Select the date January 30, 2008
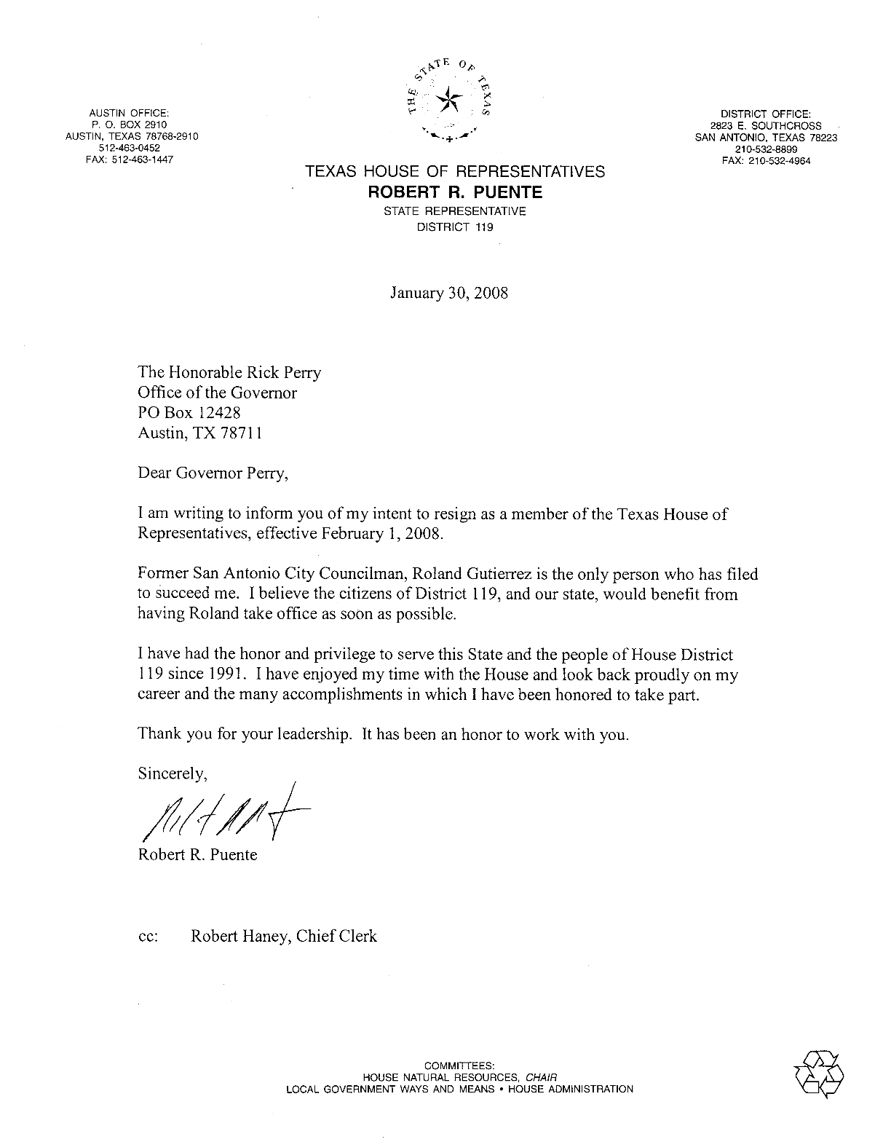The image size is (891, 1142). (449, 293)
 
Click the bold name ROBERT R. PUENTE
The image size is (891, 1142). (455, 192)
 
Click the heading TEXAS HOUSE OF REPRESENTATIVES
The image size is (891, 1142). (455, 172)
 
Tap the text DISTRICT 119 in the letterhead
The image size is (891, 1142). (454, 227)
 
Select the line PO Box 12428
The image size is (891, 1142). (184, 412)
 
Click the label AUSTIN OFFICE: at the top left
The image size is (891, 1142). (129, 113)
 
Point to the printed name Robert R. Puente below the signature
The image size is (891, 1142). (197, 855)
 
